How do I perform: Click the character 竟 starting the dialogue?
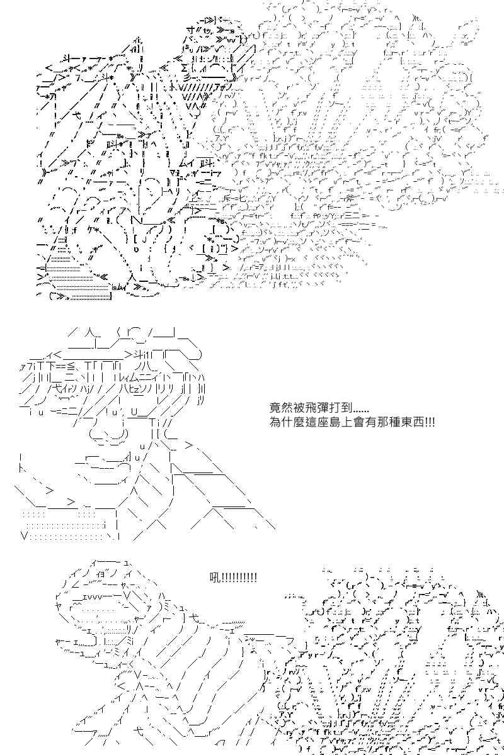(x=275, y=408)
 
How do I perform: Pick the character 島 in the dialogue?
(x=335, y=422)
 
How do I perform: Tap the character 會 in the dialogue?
(x=355, y=422)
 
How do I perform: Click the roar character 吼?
(x=214, y=578)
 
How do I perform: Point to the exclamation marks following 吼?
(x=238, y=578)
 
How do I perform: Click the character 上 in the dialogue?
(x=345, y=422)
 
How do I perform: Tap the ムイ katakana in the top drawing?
(x=187, y=164)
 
